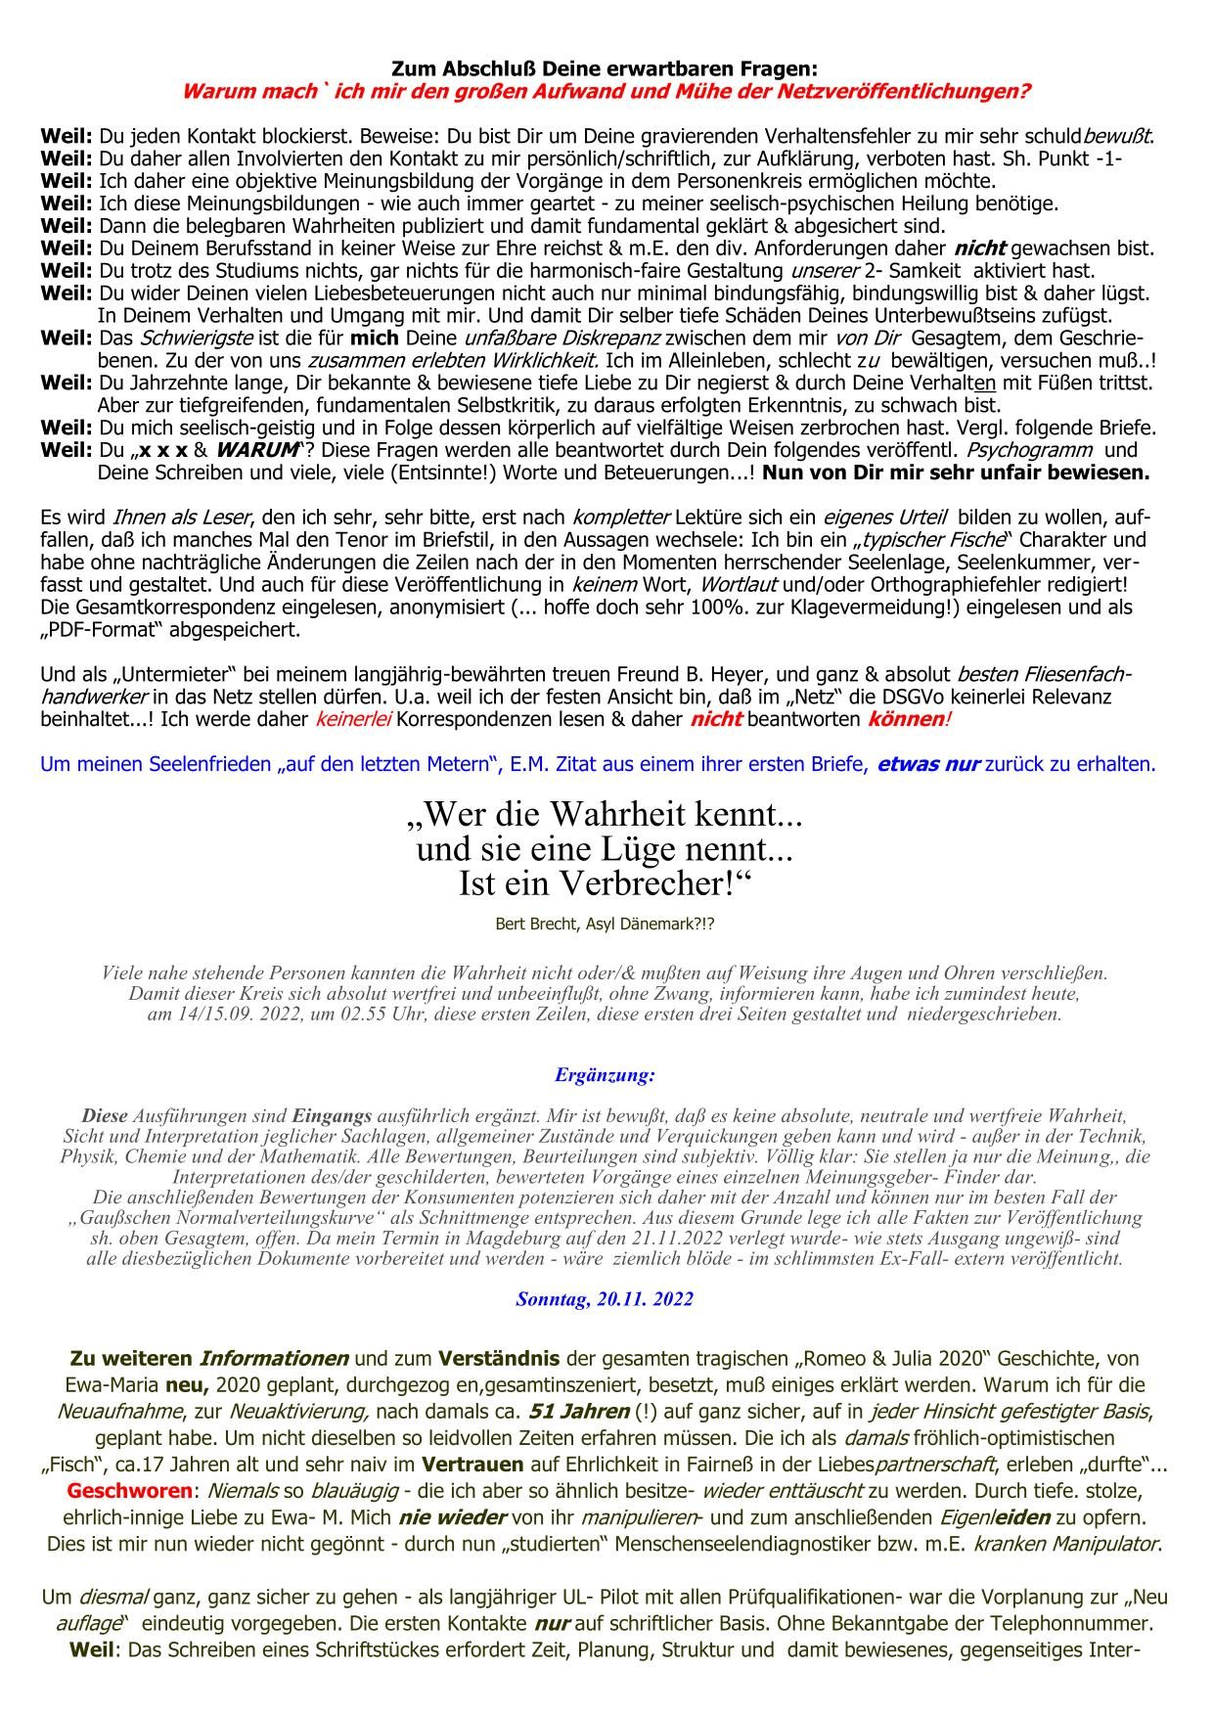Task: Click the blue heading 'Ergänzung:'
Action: [605, 1075]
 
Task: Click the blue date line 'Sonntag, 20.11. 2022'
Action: [605, 1299]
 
